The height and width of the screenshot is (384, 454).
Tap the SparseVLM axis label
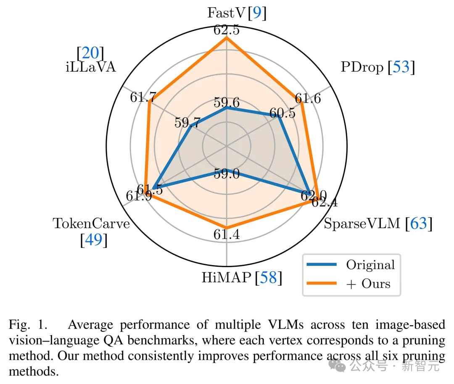[x=362, y=224]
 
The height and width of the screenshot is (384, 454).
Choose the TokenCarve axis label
[x=91, y=224]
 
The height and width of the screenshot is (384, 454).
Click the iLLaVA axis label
[x=90, y=67]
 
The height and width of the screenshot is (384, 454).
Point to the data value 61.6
[x=308, y=98]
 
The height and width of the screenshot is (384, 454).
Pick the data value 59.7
[x=187, y=123]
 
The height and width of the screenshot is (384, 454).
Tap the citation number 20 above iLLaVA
[x=90, y=53]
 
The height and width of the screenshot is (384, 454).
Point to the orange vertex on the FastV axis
[x=227, y=38]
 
